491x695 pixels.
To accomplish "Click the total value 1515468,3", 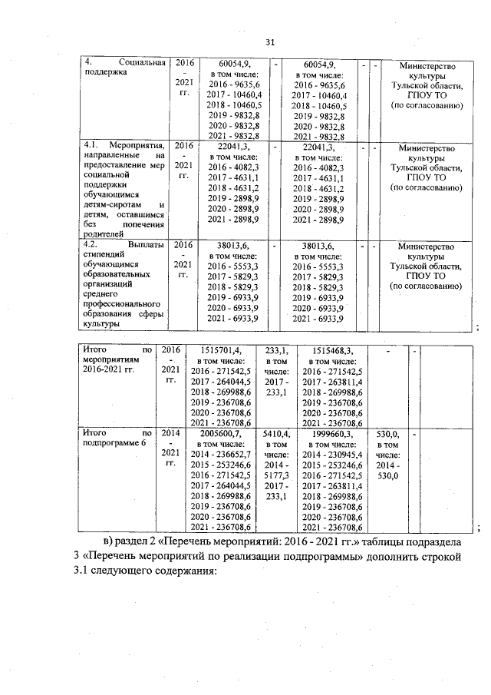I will (323, 350).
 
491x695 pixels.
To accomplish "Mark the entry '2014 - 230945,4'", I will (323, 455).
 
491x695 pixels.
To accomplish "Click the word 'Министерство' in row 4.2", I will (427, 247).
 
